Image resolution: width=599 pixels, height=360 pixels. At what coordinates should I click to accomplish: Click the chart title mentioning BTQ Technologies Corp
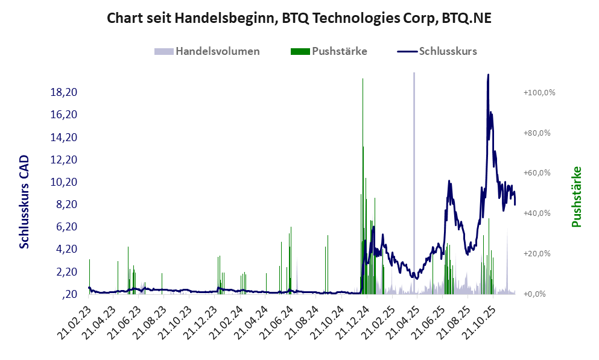point(299,18)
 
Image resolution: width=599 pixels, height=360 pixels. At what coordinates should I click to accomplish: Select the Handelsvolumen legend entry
point(218,51)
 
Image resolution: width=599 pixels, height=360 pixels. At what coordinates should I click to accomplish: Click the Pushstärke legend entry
point(339,51)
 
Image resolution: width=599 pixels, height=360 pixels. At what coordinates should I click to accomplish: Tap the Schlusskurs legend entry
point(447,51)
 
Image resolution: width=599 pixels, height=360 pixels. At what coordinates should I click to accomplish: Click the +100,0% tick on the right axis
point(539,92)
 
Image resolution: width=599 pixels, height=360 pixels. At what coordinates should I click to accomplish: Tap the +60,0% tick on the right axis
point(540,173)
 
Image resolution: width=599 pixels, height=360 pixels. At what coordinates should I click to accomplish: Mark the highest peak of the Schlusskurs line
point(488,75)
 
